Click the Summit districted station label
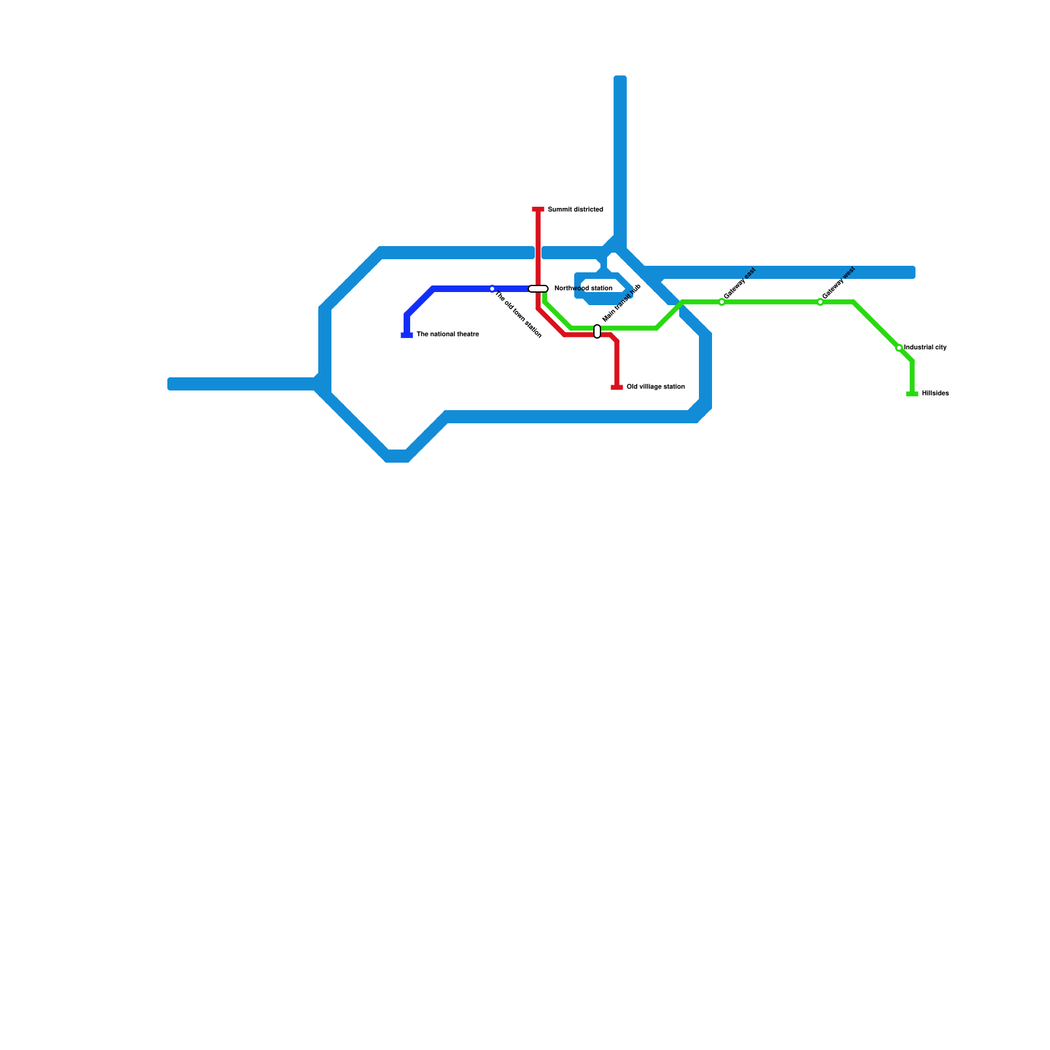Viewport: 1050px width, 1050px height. click(x=575, y=210)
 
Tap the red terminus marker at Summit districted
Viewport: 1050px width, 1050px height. click(x=538, y=210)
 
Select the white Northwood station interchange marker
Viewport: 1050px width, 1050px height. click(x=538, y=289)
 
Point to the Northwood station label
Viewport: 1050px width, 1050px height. click(x=583, y=289)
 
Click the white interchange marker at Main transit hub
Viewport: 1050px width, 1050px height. click(x=597, y=331)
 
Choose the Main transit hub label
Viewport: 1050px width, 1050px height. click(x=621, y=303)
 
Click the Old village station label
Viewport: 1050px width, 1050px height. click(x=656, y=387)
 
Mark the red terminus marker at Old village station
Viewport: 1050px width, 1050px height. click(x=617, y=387)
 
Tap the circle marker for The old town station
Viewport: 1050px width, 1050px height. click(x=492, y=289)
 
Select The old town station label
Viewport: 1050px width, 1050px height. click(x=518, y=316)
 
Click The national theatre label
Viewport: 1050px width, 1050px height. click(x=448, y=335)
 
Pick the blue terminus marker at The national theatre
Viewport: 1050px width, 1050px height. click(x=407, y=335)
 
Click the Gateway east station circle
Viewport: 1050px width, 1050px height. click(x=722, y=302)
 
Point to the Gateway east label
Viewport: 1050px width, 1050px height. click(x=740, y=283)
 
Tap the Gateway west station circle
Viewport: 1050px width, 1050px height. click(x=820, y=302)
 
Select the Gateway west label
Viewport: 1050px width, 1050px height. click(x=839, y=283)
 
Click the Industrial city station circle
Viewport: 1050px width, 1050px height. click(x=899, y=348)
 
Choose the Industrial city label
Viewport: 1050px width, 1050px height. click(x=925, y=348)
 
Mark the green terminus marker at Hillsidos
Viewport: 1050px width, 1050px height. click(x=912, y=394)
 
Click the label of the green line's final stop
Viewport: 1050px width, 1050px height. click(x=935, y=394)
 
